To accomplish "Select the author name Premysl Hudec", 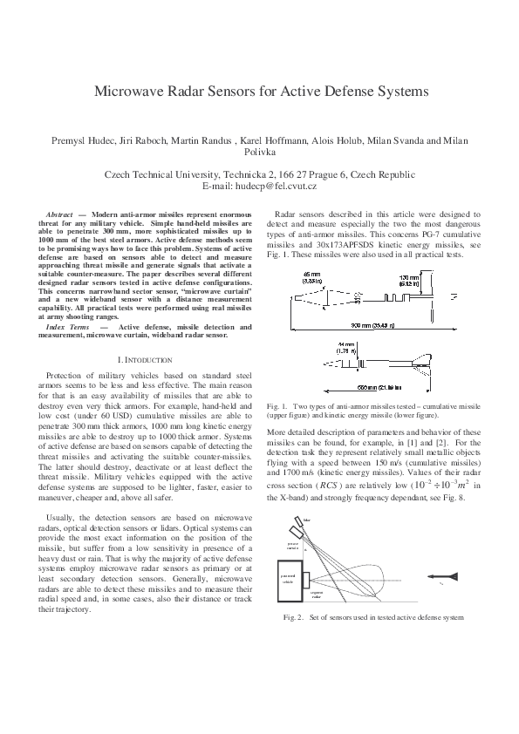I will pyautogui.click(x=86, y=141).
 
